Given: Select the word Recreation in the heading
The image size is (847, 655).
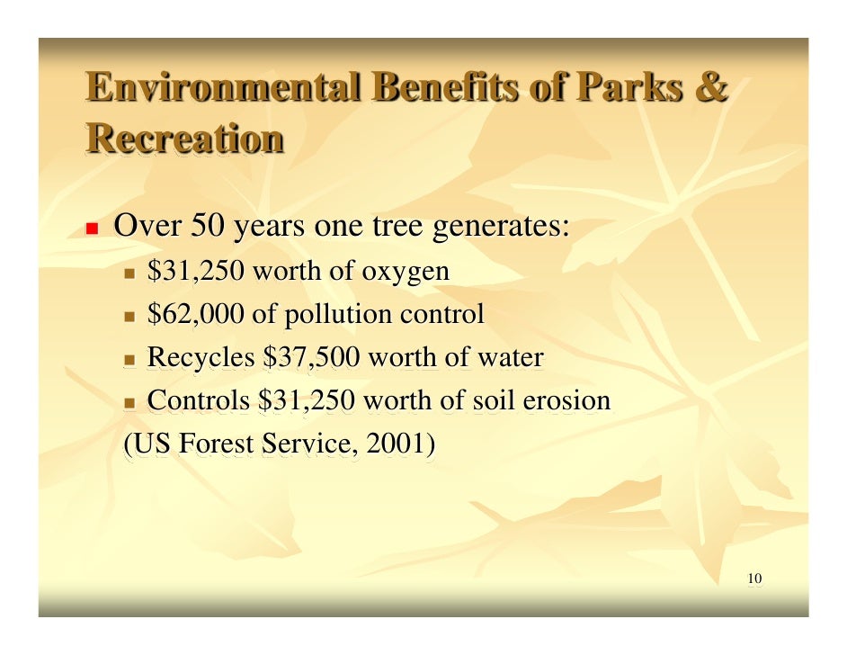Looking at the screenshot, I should pyautogui.click(x=185, y=139).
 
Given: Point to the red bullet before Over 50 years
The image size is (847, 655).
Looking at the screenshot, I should pyautogui.click(x=91, y=227).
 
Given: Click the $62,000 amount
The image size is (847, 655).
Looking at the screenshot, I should pyautogui.click(x=195, y=315).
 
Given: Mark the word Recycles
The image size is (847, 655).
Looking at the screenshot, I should pyautogui.click(x=201, y=358).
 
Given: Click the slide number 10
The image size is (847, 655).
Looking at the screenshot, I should pyautogui.click(x=754, y=578).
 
